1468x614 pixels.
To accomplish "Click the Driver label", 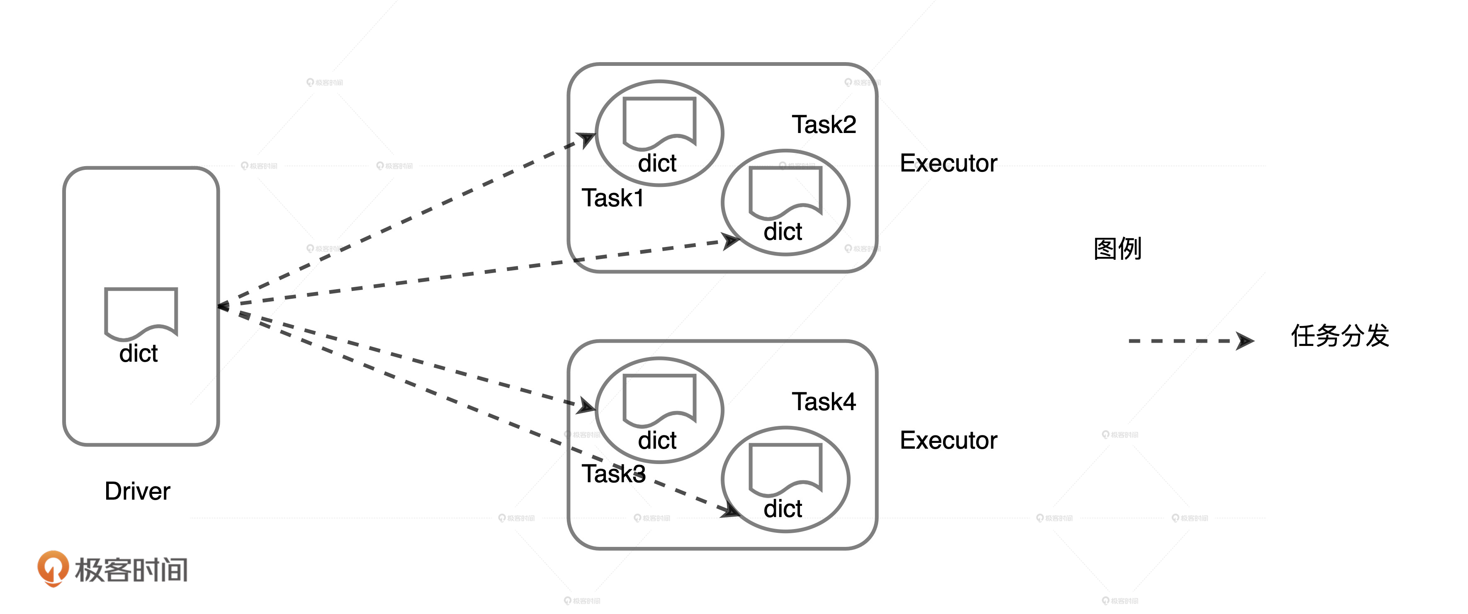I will click(x=137, y=491).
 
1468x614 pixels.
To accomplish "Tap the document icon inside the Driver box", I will click(x=141, y=312).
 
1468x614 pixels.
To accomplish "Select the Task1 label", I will click(x=612, y=198).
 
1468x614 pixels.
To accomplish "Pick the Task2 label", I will click(x=824, y=125).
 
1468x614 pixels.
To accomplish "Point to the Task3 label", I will click(x=613, y=474).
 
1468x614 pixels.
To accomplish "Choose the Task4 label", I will click(x=824, y=402).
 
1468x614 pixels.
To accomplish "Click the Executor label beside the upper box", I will click(x=948, y=164).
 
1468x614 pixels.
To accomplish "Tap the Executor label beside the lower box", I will click(x=948, y=440).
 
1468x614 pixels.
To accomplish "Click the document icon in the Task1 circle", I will click(x=659, y=122).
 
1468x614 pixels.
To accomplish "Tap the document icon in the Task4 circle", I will click(x=785, y=469).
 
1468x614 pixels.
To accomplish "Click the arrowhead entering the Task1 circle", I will click(x=586, y=138).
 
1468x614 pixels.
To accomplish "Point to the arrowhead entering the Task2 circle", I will click(x=731, y=241).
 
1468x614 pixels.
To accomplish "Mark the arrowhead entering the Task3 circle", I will click(x=586, y=406).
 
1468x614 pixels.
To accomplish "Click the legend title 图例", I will click(x=1117, y=249).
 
